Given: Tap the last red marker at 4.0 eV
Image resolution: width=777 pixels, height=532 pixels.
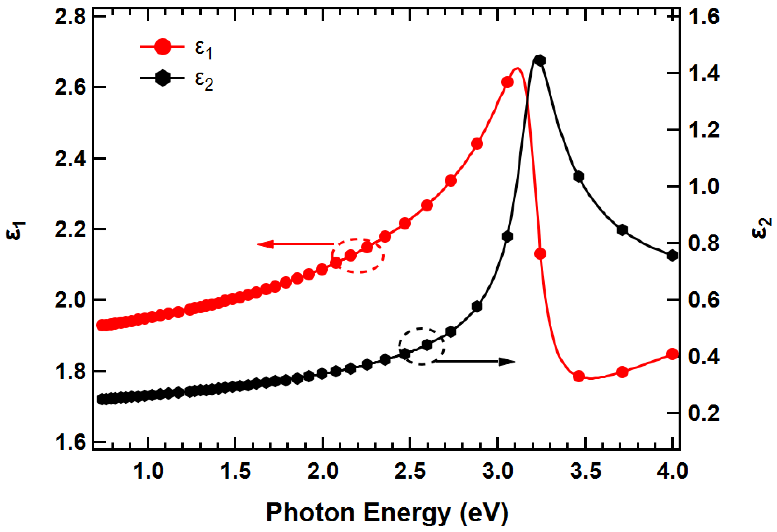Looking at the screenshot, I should [672, 354].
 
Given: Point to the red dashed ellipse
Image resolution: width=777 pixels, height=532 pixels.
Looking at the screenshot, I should [358, 256].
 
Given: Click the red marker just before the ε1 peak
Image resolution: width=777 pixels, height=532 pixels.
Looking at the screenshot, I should [507, 82].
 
